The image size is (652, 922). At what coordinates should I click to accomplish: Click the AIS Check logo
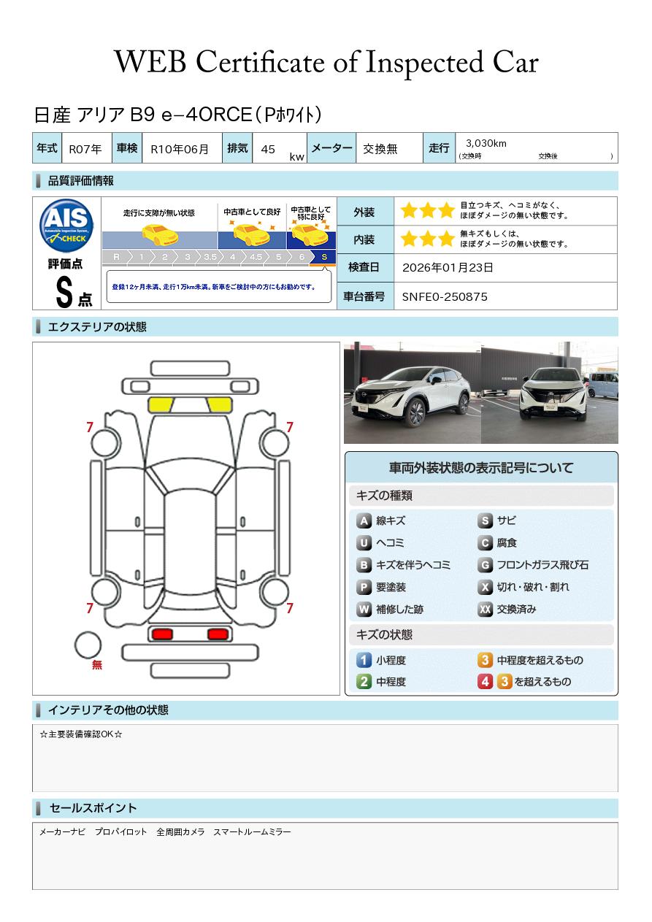pyautogui.click(x=66, y=226)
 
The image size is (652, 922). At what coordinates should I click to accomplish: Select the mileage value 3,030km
pyautogui.click(x=486, y=143)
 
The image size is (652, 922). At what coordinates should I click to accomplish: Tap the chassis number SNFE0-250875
pyautogui.click(x=445, y=297)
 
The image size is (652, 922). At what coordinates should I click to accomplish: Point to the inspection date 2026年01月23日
pyautogui.click(x=448, y=267)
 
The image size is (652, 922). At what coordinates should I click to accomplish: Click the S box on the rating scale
pyautogui.click(x=324, y=257)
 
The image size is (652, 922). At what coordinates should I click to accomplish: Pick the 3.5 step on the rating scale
pyautogui.click(x=210, y=257)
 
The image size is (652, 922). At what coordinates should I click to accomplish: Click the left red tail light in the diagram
pyautogui.click(x=162, y=634)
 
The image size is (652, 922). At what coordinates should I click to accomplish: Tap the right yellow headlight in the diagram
pyautogui.click(x=219, y=405)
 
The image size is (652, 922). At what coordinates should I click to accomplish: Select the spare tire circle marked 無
pyautogui.click(x=88, y=645)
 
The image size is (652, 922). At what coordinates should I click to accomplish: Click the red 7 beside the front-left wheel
pyautogui.click(x=90, y=427)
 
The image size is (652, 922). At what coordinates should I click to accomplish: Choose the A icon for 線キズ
pyautogui.click(x=364, y=520)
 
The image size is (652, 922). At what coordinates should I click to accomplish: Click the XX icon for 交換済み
pyautogui.click(x=486, y=609)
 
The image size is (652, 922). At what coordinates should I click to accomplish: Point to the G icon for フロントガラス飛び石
pyautogui.click(x=486, y=565)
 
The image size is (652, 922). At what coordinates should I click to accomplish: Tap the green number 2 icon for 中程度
pyautogui.click(x=364, y=682)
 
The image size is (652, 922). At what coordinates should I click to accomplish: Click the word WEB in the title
pyautogui.click(x=150, y=62)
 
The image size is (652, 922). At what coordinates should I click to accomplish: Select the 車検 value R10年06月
pyautogui.click(x=180, y=149)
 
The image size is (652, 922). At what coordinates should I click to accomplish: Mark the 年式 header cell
pyautogui.click(x=47, y=148)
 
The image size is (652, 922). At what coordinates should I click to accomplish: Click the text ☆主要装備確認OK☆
pyautogui.click(x=81, y=734)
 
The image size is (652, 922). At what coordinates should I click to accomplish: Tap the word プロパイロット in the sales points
pyautogui.click(x=121, y=832)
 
